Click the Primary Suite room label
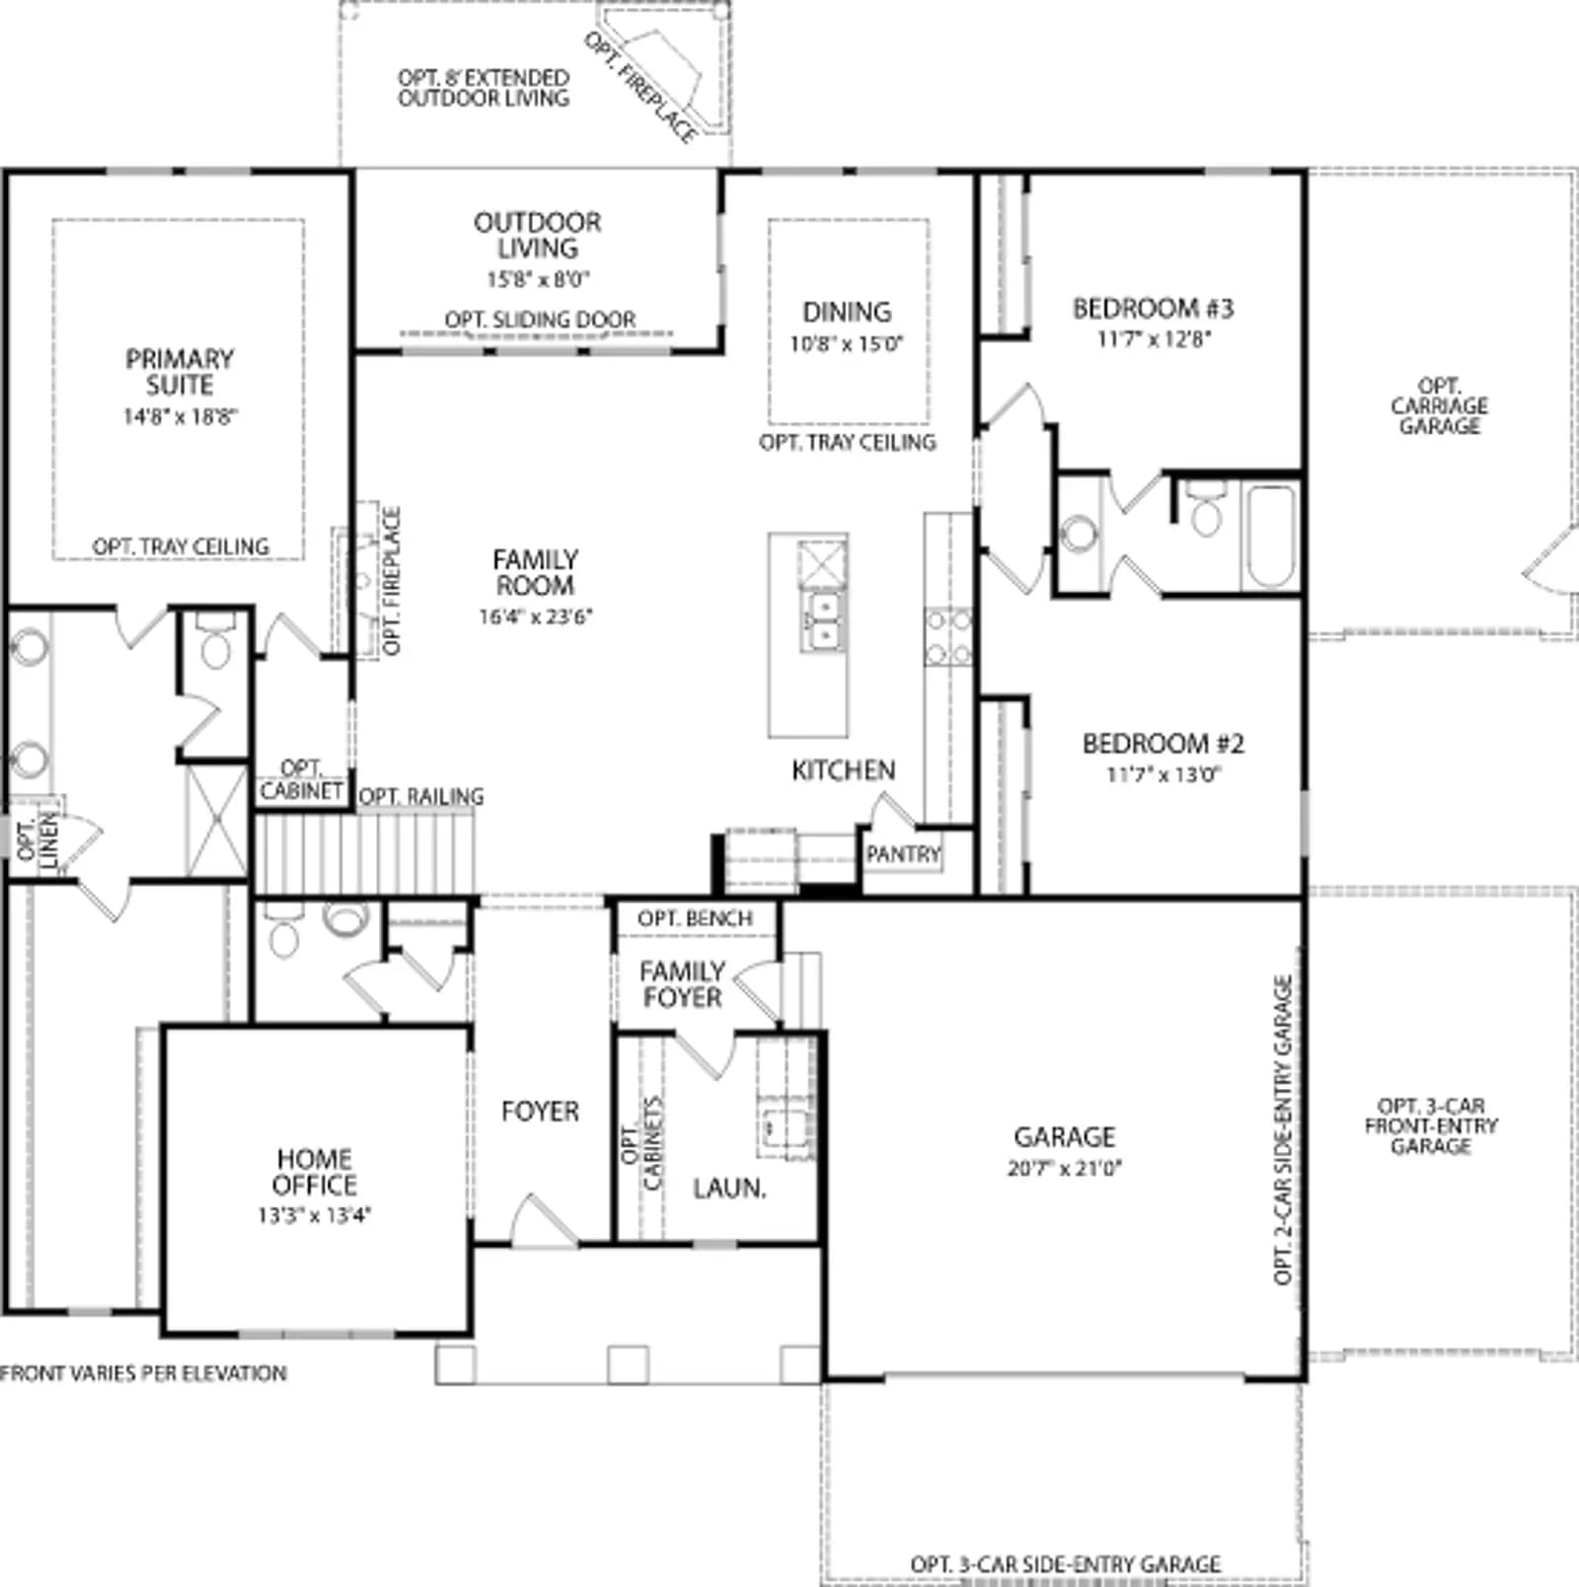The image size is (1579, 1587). point(180,372)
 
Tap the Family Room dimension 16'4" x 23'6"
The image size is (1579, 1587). point(536,617)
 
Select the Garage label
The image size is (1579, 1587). point(1065,1137)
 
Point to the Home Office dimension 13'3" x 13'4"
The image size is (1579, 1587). point(314,1216)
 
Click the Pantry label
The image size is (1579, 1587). point(903,854)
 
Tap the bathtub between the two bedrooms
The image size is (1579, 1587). point(1269,537)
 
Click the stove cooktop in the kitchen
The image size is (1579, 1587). point(948,637)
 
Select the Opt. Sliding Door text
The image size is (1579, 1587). point(540,320)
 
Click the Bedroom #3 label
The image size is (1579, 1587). point(1153,309)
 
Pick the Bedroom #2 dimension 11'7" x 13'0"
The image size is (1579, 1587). point(1164,774)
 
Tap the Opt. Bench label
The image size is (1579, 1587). point(695,918)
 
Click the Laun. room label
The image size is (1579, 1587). point(729,1189)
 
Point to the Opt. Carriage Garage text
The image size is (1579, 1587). point(1439,406)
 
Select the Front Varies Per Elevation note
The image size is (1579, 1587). point(143,1373)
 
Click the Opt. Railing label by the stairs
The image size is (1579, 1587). point(421,796)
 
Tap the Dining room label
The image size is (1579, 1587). point(847,313)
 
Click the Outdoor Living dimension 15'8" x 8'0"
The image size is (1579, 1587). point(538,279)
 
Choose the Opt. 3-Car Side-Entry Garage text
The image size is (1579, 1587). point(1066,1564)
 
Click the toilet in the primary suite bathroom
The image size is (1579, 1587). point(215,641)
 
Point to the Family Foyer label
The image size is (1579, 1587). point(681,984)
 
